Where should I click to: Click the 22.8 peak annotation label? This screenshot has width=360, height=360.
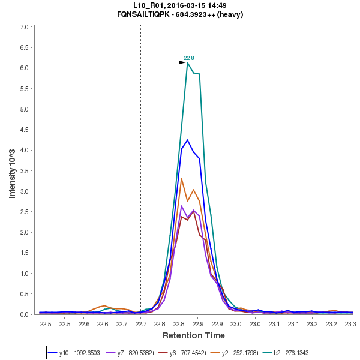[x=189, y=58]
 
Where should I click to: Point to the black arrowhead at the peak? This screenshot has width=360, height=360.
[x=182, y=62]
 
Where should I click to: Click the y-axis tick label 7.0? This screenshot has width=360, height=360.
[x=25, y=27]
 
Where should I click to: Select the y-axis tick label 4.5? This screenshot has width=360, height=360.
[x=25, y=130]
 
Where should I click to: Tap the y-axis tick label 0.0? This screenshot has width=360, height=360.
[x=25, y=314]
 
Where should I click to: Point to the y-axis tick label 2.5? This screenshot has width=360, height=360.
[x=25, y=212]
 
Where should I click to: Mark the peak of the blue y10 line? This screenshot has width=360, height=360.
[x=187, y=140]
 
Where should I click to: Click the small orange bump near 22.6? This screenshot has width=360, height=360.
[x=105, y=306]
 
